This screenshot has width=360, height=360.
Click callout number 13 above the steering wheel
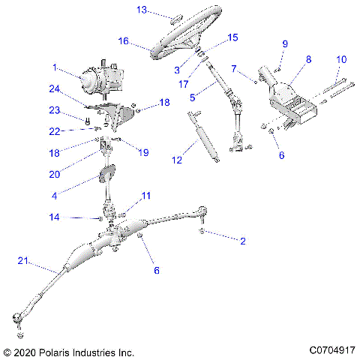pos(142,10)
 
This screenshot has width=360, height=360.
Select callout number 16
pos(124,41)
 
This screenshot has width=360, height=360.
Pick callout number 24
pos(55,88)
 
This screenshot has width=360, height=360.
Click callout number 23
pos(54,111)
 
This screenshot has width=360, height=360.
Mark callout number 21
pos(23,260)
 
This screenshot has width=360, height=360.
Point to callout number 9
pos(284,43)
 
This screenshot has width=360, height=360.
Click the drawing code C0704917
pos(331,351)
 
